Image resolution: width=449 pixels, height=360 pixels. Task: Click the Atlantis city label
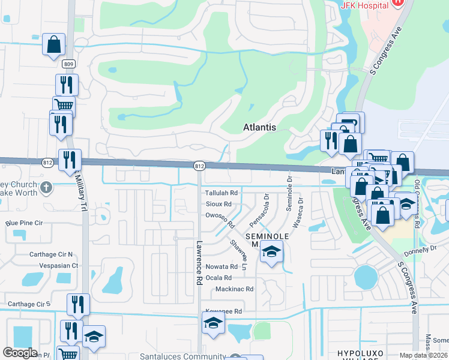[260, 127]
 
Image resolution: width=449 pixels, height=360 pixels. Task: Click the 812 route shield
[200, 166]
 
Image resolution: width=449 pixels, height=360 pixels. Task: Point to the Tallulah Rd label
[222, 193]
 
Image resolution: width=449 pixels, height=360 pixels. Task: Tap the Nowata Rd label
[222, 266]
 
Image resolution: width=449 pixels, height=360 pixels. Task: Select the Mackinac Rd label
[235, 289]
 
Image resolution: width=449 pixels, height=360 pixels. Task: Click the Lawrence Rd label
[198, 263]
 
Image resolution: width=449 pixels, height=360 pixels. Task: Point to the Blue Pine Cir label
[25, 223]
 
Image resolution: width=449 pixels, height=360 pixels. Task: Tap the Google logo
[20, 353]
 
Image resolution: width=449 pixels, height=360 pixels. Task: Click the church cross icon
[46, 189]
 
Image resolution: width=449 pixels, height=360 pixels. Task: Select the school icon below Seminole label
[271, 254]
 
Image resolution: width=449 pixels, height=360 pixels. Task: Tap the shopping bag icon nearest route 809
[53, 44]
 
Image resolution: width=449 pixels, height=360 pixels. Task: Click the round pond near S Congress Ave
[366, 277]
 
